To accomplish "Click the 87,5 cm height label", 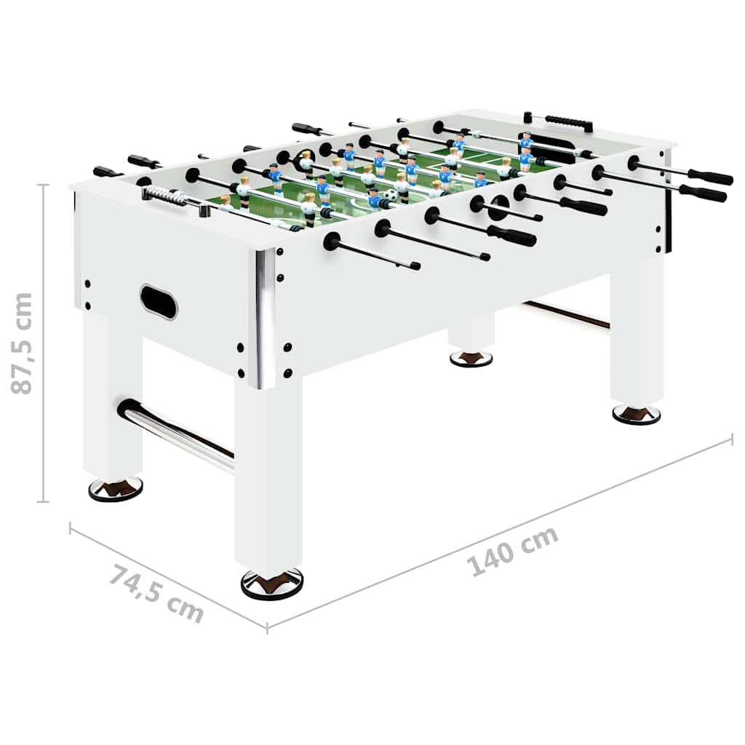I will point(23,343).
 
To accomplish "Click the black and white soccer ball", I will point(391,196).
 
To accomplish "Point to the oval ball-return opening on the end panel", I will point(159,301).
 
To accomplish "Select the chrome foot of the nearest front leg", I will point(271,583).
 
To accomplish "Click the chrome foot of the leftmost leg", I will point(116,488).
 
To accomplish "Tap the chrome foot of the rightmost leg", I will point(636,413).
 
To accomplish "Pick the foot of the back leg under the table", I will point(471,358).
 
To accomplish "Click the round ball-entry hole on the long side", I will point(499,204).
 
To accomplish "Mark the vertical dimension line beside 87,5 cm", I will point(45,343).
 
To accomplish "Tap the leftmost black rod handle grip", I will point(108,172).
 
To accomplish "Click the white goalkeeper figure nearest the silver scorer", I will point(226,203).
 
